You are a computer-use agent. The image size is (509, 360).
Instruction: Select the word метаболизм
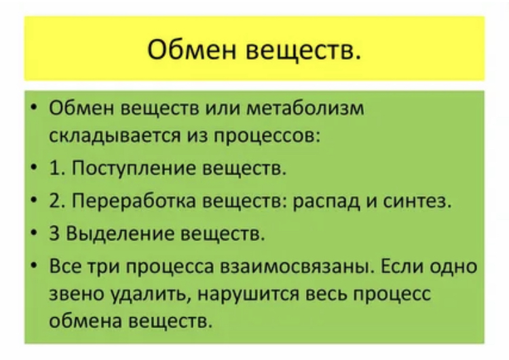coord(305,108)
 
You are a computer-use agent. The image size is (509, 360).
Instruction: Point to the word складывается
coord(115,136)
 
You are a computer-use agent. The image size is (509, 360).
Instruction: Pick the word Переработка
coord(134,201)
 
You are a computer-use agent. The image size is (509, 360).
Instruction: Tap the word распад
coord(327,202)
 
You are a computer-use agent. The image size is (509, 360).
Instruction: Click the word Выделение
coord(119,233)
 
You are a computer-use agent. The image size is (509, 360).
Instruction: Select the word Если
coord(401,266)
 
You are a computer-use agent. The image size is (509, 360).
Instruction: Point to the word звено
coord(77,294)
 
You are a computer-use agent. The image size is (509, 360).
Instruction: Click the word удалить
coord(151,295)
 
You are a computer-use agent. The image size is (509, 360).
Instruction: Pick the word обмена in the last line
coord(86,321)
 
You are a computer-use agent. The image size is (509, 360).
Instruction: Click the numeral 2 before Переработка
coord(54,201)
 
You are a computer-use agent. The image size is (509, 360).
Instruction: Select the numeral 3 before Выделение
coord(54,233)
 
